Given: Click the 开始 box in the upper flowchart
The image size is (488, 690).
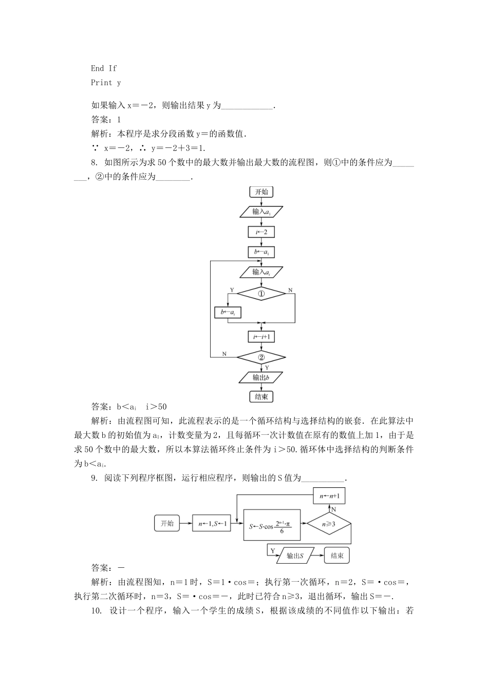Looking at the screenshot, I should (261, 192).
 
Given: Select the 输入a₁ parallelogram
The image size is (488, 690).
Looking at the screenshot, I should (261, 212).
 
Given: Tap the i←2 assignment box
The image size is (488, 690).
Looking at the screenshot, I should (261, 232).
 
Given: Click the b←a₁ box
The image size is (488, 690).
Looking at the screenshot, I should (261, 252).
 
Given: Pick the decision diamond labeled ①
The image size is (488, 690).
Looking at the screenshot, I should (261, 294).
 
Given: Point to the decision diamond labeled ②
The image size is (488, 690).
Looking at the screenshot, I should (261, 357).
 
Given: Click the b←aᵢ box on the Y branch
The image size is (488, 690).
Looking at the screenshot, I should (228, 312).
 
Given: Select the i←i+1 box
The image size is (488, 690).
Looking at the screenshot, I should (261, 337).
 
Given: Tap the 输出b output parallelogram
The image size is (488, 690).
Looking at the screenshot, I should (261, 377).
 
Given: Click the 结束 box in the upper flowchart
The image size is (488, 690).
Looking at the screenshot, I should (261, 396).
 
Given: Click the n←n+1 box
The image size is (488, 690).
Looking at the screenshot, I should (329, 496).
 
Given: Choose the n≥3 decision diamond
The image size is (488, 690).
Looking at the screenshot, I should (329, 524).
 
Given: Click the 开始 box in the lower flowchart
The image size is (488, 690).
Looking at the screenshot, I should (167, 524).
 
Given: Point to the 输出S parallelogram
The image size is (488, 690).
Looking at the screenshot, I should (294, 555).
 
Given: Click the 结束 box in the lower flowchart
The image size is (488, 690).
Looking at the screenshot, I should (337, 555).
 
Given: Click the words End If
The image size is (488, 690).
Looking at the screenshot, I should (104, 68).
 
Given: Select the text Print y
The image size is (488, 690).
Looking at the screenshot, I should (106, 83).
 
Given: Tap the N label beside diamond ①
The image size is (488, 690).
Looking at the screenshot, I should (290, 291).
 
